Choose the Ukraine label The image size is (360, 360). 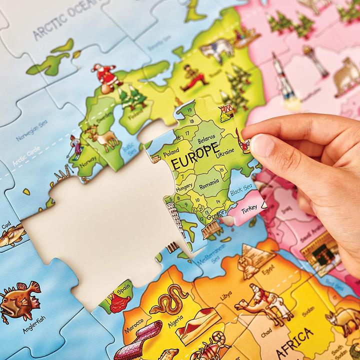point(225,152)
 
